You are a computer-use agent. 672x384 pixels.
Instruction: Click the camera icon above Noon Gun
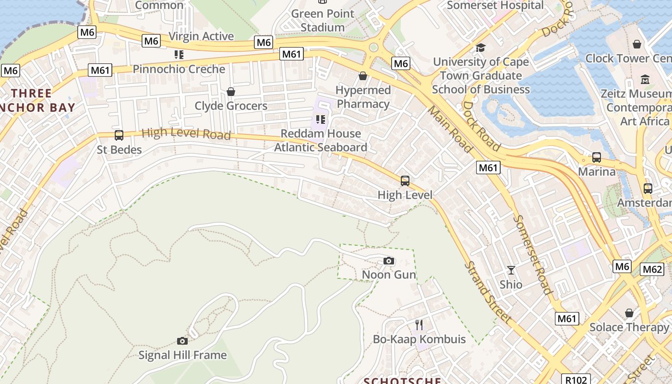click(389, 261)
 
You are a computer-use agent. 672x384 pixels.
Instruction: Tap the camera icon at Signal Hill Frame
click(182, 341)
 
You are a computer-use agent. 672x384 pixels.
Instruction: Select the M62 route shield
click(652, 269)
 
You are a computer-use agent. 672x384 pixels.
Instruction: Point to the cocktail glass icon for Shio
click(511, 270)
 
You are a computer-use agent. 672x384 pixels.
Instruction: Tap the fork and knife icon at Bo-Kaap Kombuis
click(419, 325)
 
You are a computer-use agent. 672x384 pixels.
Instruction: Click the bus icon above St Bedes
click(119, 135)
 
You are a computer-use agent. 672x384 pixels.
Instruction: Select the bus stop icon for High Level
click(405, 181)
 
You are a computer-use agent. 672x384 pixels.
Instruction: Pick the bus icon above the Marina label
click(597, 157)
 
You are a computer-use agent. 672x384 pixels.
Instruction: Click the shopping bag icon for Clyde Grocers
click(231, 92)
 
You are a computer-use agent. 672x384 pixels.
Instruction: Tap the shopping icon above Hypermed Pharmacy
click(363, 76)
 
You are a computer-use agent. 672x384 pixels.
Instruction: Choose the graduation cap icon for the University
click(480, 48)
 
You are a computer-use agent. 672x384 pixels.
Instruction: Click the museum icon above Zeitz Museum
click(645, 79)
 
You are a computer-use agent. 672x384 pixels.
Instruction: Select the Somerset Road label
click(532, 254)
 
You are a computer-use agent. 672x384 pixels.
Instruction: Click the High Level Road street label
click(186, 133)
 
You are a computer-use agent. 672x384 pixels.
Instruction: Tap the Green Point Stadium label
click(323, 20)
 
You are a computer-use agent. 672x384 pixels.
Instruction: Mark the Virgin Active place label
click(201, 36)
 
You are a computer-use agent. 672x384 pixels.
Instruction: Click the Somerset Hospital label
click(495, 5)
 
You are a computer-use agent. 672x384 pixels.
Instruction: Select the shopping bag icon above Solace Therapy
click(629, 313)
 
